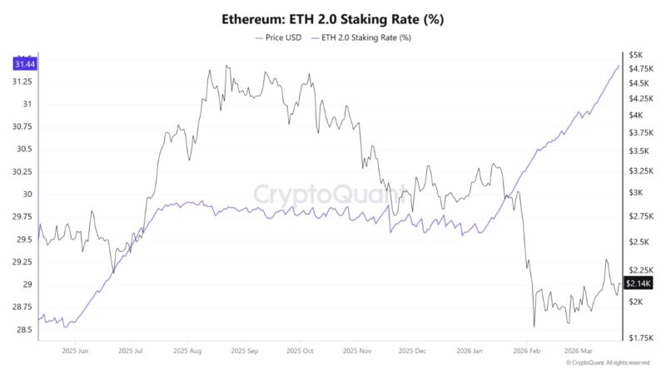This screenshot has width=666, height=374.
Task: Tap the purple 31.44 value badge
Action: point(23,64)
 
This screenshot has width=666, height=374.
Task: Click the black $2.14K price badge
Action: point(639,284)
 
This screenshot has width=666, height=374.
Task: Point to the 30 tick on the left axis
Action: point(26,194)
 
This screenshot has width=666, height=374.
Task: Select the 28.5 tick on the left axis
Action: point(23,330)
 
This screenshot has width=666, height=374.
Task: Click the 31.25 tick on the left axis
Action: point(22,81)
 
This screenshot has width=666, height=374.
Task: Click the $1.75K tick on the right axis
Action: point(639,337)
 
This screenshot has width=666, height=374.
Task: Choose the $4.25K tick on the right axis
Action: point(639,99)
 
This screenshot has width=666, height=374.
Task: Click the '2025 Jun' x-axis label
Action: point(76,351)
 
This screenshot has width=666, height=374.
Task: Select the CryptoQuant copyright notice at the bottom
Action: point(608,363)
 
